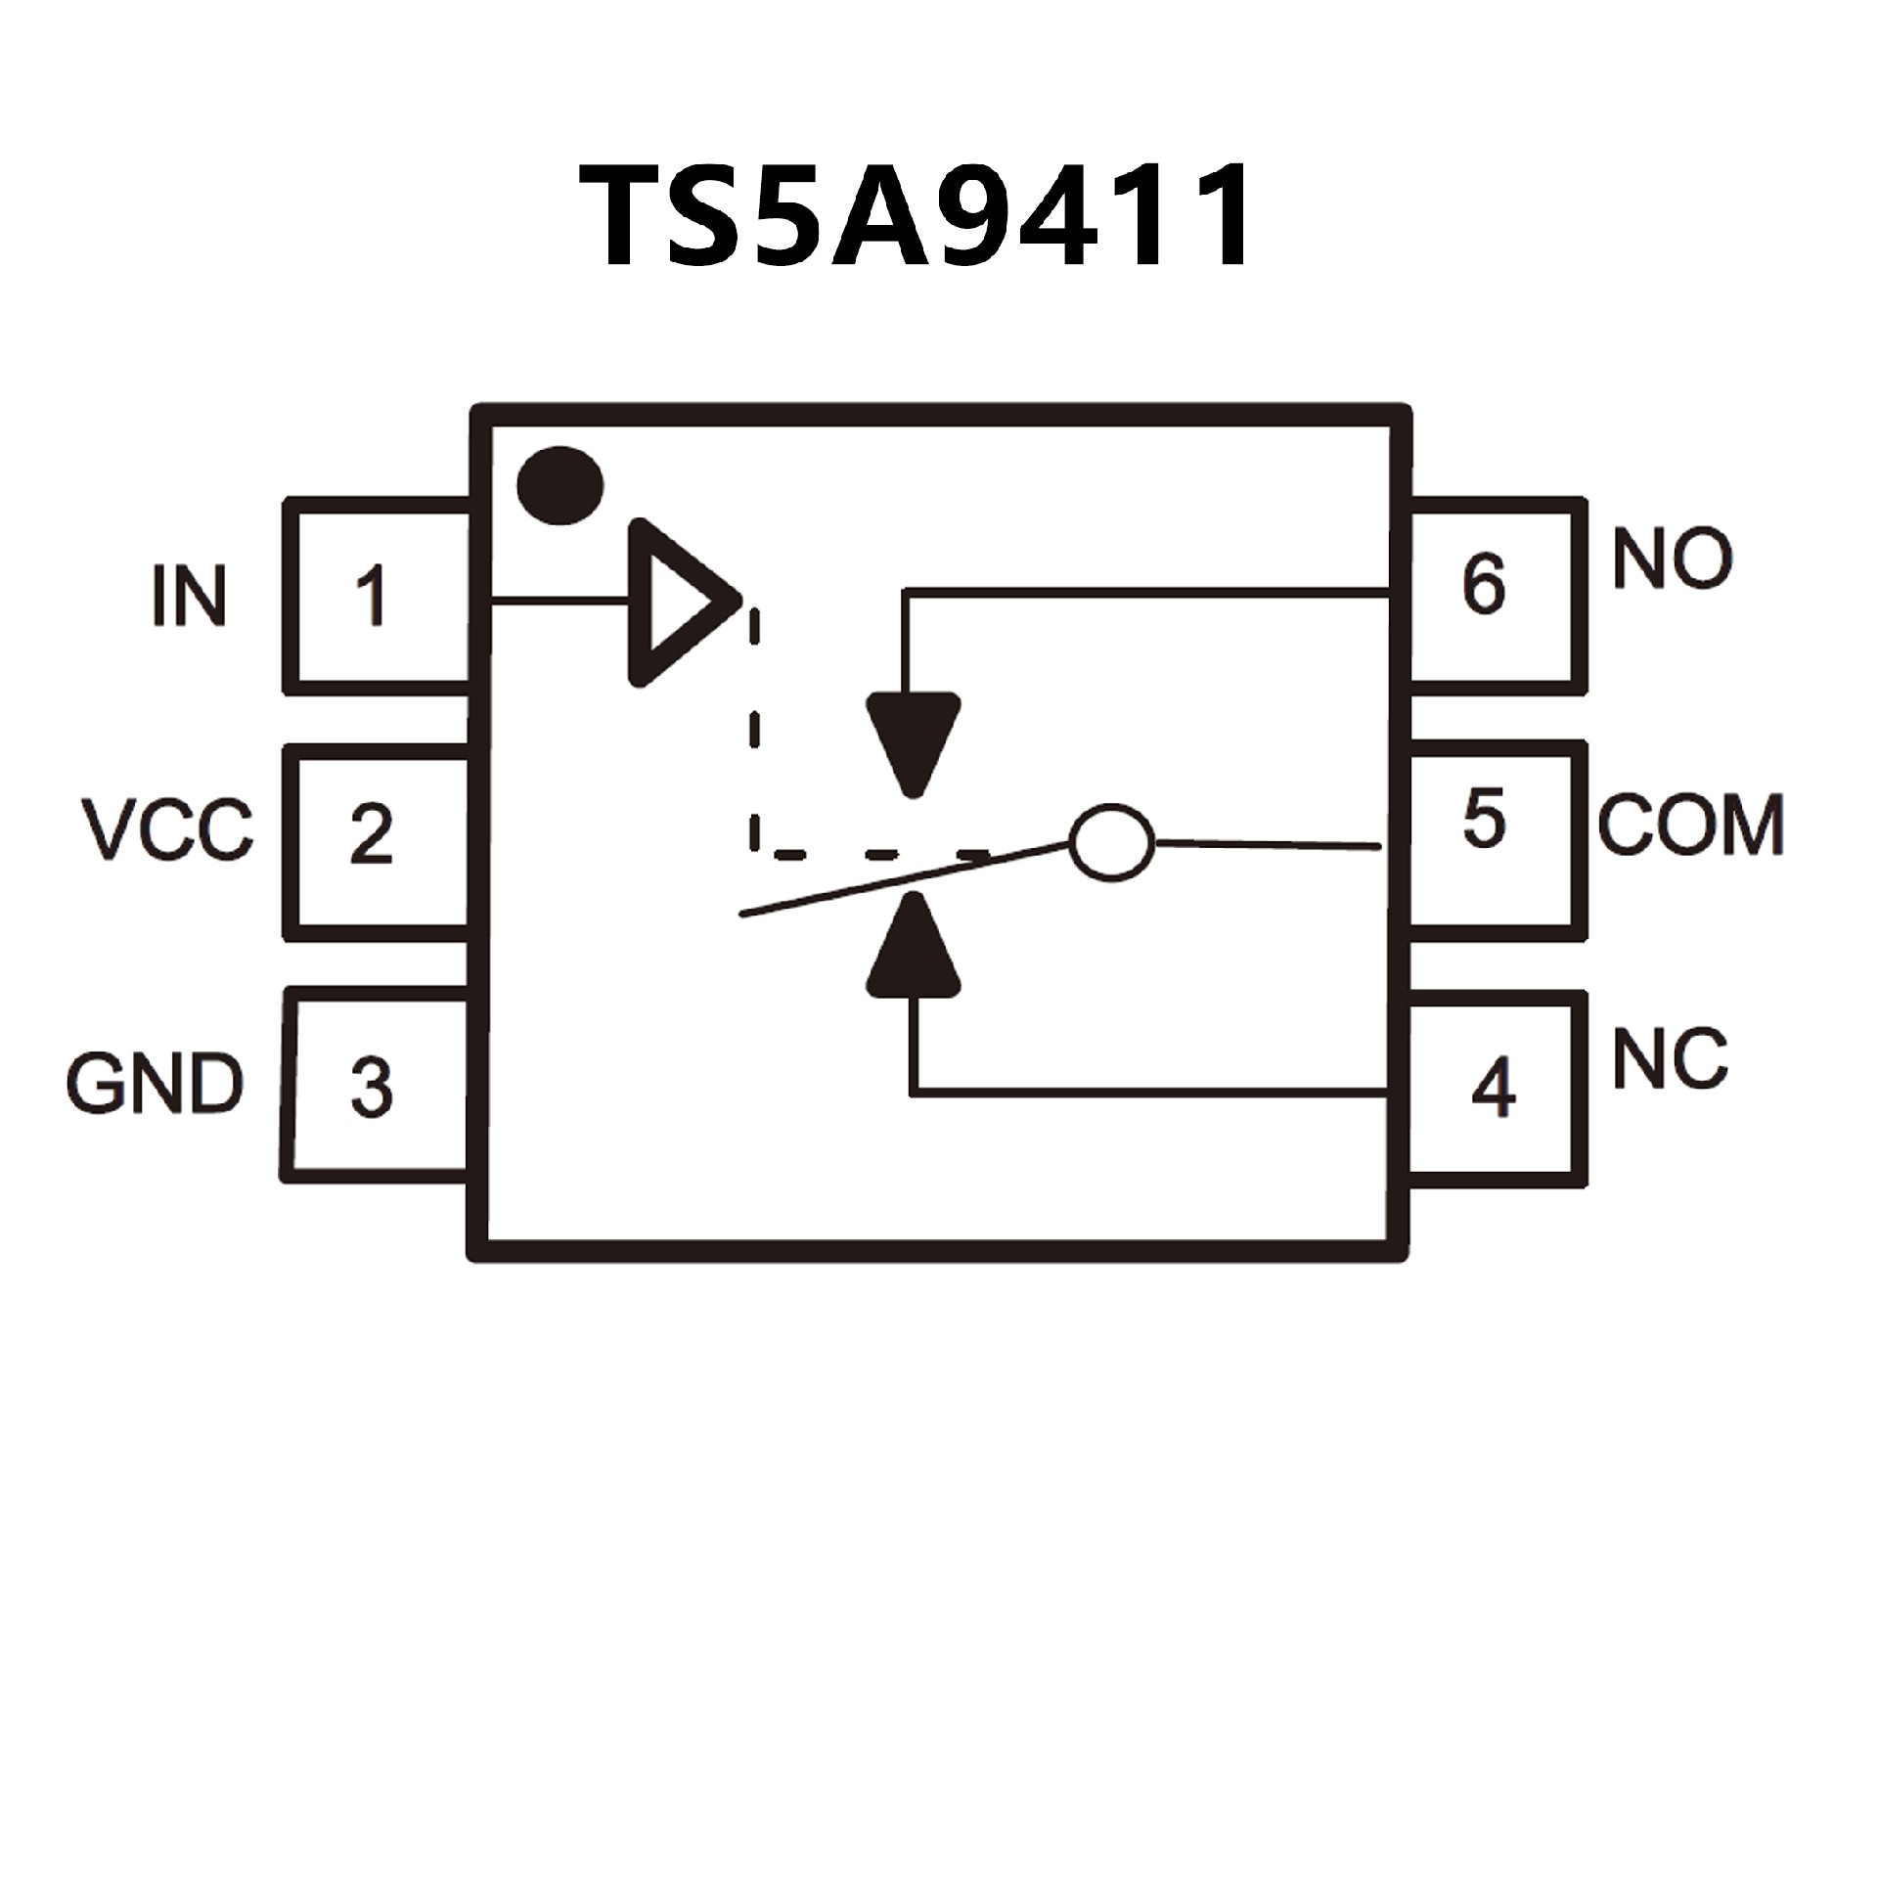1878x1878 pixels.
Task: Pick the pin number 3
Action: click(371, 1087)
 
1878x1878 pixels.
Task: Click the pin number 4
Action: click(1493, 1087)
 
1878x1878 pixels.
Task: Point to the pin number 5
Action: click(1483, 820)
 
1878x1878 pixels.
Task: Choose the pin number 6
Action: click(1483, 584)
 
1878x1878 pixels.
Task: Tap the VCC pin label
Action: click(167, 829)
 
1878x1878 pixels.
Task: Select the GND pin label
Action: click(155, 1084)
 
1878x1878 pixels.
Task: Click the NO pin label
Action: click(1672, 559)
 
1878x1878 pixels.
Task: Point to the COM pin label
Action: click(1691, 826)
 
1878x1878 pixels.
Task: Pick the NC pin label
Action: click(1670, 1060)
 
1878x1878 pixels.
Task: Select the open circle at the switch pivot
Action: click(1111, 841)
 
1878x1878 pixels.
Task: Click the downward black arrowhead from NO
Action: click(914, 738)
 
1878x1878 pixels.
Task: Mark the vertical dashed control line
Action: click(754, 724)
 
